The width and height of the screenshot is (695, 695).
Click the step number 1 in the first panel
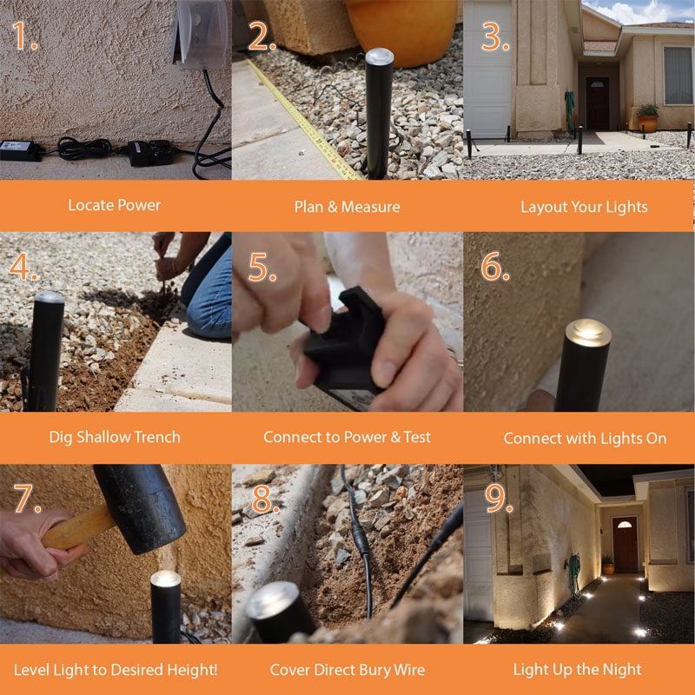(x=24, y=36)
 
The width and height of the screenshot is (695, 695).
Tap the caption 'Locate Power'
(x=115, y=206)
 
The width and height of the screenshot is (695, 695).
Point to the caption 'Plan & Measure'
(x=347, y=207)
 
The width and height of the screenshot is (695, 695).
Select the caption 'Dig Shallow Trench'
(x=115, y=437)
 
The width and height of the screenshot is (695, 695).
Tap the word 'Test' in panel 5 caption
(x=417, y=437)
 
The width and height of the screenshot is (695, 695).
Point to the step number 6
(x=495, y=268)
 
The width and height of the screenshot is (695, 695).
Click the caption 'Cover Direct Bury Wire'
(x=347, y=670)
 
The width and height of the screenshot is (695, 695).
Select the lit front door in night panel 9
(x=625, y=544)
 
